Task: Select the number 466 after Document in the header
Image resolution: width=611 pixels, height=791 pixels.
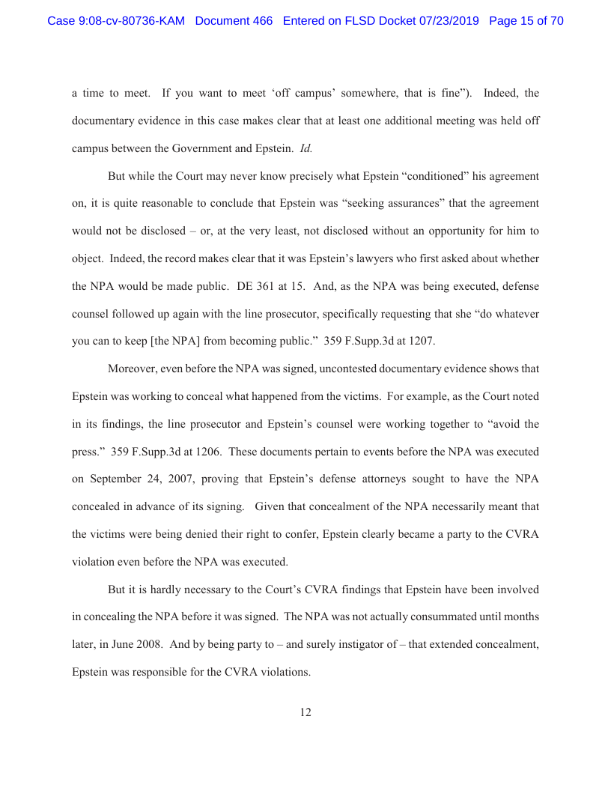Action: coord(262,21)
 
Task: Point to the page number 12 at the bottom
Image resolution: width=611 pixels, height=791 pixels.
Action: coord(305,712)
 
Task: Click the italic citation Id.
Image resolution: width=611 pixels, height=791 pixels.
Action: coord(305,148)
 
